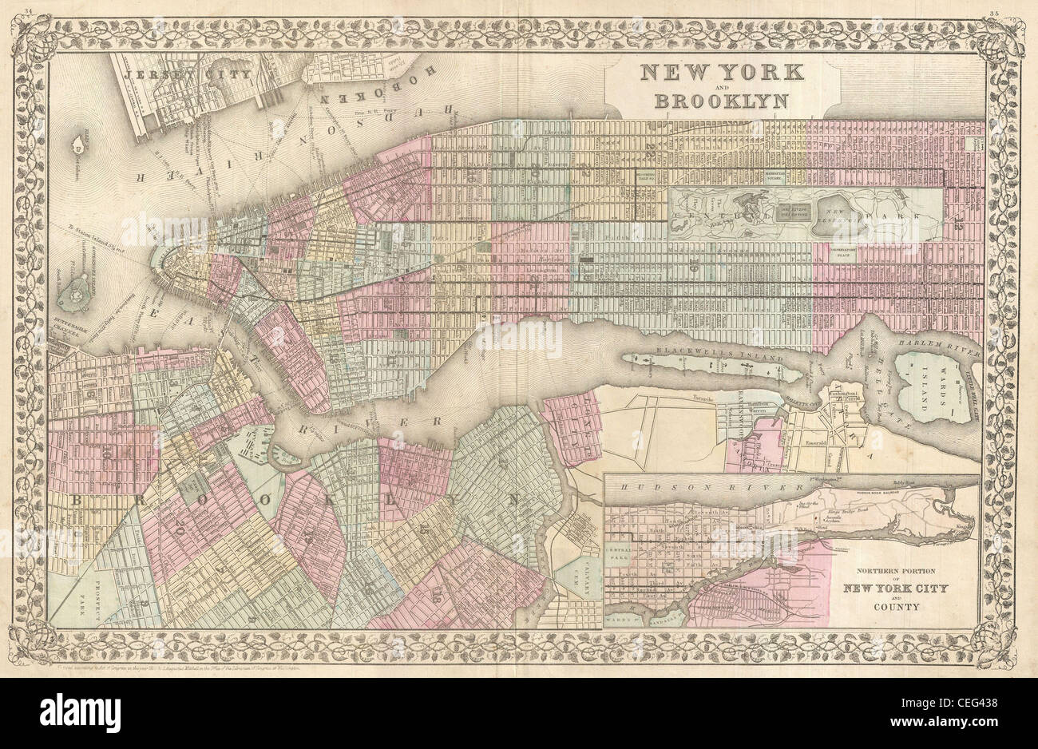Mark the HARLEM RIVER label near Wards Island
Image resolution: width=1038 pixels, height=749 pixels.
coord(941,343)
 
